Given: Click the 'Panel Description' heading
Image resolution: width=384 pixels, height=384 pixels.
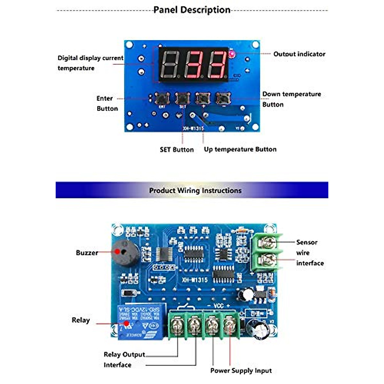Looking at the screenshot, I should pos(192,10).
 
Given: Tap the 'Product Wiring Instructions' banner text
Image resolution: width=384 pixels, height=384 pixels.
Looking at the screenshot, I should pos(195,190).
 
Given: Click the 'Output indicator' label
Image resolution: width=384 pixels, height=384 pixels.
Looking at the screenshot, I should pos(299,54).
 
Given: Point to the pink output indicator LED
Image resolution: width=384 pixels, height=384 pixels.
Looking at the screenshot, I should pos(231,54).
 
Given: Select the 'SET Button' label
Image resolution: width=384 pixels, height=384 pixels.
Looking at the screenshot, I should pos(177,150).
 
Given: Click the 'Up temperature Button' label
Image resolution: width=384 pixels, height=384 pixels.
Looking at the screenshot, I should pos(240,149).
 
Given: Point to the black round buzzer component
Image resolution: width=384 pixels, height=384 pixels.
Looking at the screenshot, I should pos(124,253).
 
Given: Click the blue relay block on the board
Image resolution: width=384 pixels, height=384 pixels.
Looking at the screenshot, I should pos(141,322).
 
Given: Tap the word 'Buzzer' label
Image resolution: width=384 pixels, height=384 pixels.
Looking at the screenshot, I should pos(87,253).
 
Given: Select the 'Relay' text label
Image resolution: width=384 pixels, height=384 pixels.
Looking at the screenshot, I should pos(81,320).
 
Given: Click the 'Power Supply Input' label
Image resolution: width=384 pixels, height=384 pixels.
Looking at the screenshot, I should pos(241,371).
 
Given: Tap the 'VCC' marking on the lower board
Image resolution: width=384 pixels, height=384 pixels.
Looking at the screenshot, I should pos(218,306).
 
